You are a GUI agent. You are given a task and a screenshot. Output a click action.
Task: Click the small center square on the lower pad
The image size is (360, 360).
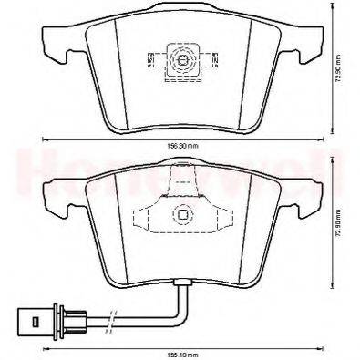181,216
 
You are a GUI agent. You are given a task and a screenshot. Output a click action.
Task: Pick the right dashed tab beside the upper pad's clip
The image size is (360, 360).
212,62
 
